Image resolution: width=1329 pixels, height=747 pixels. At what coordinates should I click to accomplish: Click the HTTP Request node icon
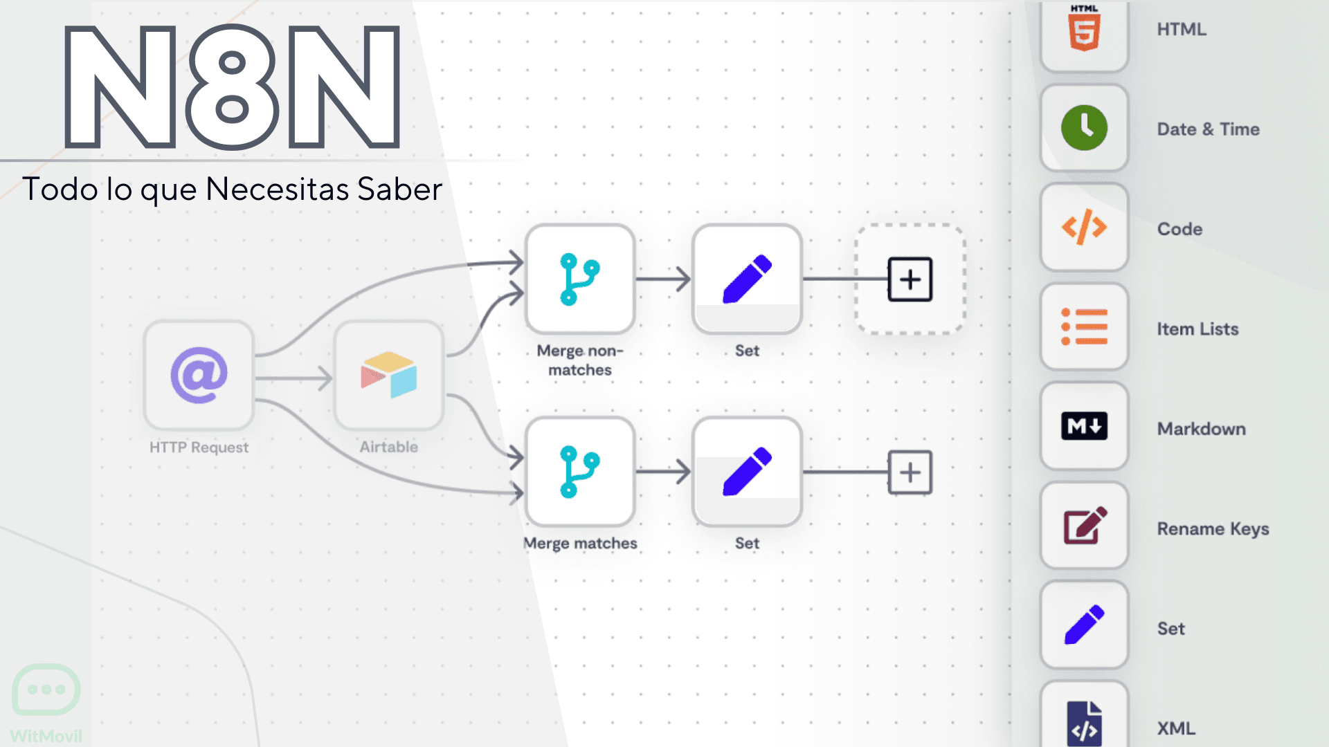click(199, 376)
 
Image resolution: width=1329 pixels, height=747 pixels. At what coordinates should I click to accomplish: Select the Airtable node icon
click(388, 376)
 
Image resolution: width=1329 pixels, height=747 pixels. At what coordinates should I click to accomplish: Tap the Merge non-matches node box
click(580, 279)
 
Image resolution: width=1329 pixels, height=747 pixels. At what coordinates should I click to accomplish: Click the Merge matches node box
click(580, 472)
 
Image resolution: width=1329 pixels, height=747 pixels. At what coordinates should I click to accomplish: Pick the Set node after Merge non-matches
click(747, 279)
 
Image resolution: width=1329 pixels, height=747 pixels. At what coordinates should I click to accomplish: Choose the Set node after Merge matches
click(747, 472)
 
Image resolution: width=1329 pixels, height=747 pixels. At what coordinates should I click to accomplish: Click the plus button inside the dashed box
click(910, 279)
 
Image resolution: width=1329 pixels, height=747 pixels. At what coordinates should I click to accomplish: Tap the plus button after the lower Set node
click(910, 472)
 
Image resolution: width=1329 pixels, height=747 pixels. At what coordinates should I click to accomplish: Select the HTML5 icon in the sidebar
click(1084, 30)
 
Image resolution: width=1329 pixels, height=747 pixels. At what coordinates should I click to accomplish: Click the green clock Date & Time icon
click(1084, 129)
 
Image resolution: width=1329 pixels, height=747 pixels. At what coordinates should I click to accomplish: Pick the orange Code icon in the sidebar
click(1084, 228)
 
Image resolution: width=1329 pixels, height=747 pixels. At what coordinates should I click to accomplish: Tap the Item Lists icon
click(1084, 327)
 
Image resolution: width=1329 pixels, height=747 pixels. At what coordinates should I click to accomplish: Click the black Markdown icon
click(1084, 426)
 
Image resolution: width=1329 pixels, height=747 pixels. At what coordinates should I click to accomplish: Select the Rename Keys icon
click(1084, 526)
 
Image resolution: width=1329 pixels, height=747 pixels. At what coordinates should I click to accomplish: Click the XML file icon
click(1084, 723)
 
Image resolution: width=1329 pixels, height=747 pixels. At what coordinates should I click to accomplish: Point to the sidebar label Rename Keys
click(1213, 529)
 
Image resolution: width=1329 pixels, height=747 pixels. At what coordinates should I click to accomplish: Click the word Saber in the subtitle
click(399, 190)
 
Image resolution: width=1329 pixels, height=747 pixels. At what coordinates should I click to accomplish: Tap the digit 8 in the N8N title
click(232, 87)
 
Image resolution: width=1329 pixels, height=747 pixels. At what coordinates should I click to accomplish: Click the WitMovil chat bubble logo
click(46, 690)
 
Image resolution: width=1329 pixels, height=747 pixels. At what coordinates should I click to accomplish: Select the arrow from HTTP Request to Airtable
click(294, 378)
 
